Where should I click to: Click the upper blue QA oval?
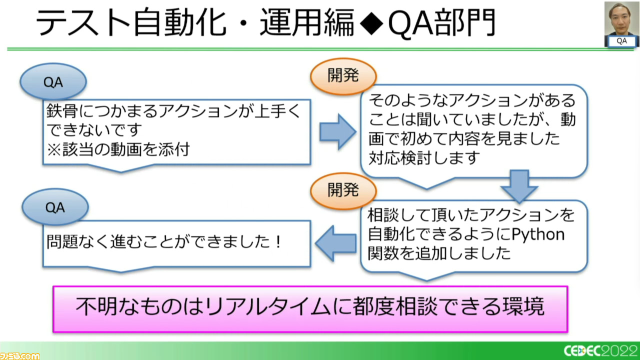pyautogui.click(x=53, y=81)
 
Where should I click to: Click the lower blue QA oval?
pyautogui.click(x=55, y=207)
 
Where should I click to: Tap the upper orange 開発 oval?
pyautogui.click(x=343, y=76)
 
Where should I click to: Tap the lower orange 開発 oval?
pyautogui.click(x=343, y=190)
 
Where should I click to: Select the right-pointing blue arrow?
pyautogui.click(x=338, y=131)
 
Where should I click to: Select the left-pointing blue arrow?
pyautogui.click(x=336, y=243)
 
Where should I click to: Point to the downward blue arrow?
pyautogui.click(x=519, y=186)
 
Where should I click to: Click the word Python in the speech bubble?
pyautogui.click(x=538, y=234)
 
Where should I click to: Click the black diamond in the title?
pyautogui.click(x=371, y=23)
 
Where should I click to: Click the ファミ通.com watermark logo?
pyautogui.click(x=19, y=355)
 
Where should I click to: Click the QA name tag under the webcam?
pyautogui.click(x=621, y=41)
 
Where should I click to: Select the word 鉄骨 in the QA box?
pyautogui.click(x=62, y=110)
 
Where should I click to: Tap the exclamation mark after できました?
pyautogui.click(x=278, y=241)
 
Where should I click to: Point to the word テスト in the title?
pyautogui.click(x=83, y=23)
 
